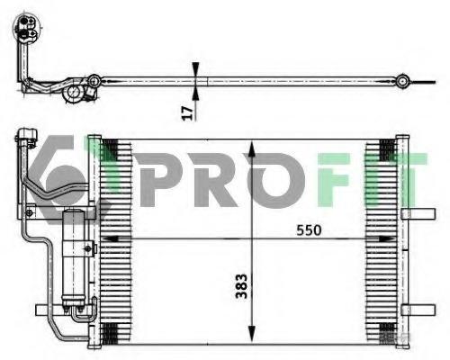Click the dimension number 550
[309, 230]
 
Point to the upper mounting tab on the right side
[417, 215]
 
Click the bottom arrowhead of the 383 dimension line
[251, 341]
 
